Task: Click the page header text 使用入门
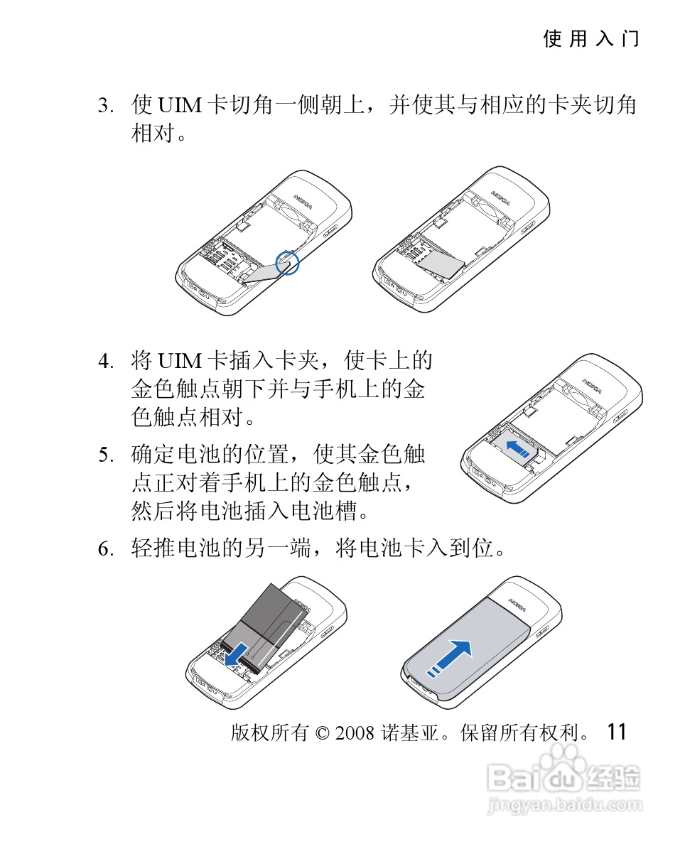tap(590, 39)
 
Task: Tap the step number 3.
tap(106, 105)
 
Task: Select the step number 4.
tap(106, 361)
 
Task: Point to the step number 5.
tap(106, 455)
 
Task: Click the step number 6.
tap(106, 548)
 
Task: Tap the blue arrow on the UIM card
tap(518, 448)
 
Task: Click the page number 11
tap(617, 732)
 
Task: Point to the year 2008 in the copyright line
tap(355, 732)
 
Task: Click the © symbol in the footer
tap(322, 733)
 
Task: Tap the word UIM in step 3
tap(179, 105)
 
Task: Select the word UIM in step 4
tap(179, 361)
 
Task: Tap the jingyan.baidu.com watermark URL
tap(564, 805)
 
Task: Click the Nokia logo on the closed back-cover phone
tap(517, 605)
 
